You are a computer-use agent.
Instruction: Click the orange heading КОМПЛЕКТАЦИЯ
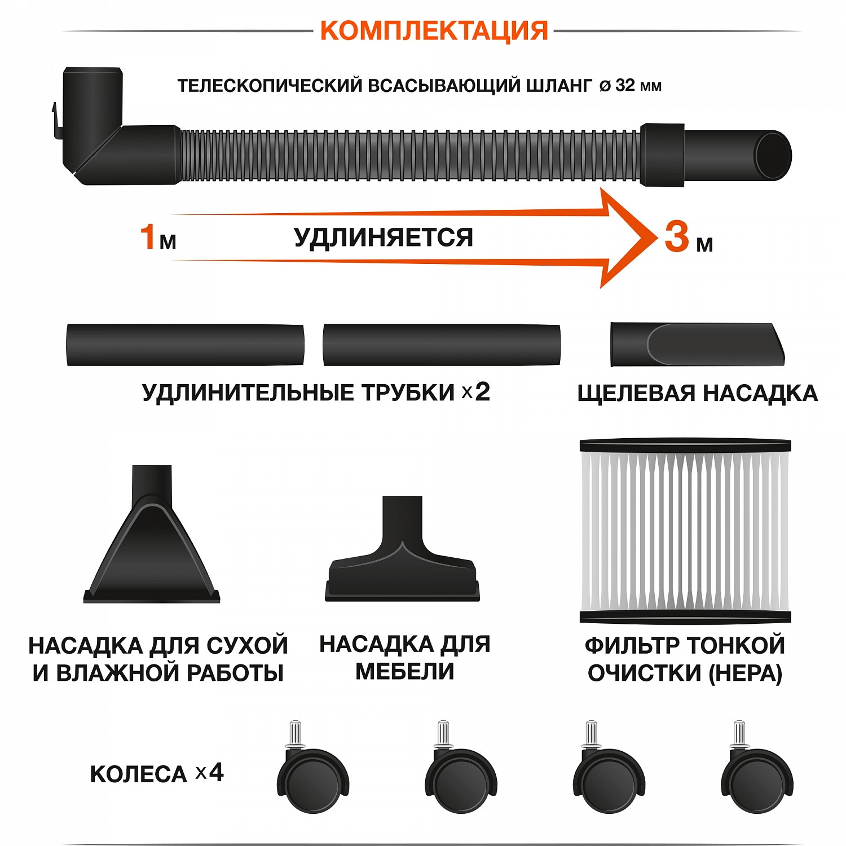pos(434,30)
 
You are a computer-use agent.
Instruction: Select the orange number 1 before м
pos(148,236)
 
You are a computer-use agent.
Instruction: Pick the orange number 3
pos(677,236)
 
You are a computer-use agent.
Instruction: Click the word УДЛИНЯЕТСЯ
pos(384,237)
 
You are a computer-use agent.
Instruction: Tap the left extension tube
pos(185,345)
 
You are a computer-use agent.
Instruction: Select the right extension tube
pos(442,345)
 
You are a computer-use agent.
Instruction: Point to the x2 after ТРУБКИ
pos(476,392)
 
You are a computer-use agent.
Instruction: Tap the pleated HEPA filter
pos(685,530)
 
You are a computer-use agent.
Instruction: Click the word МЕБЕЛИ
pos(404,672)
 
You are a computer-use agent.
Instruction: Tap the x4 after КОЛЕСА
pos(209,773)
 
